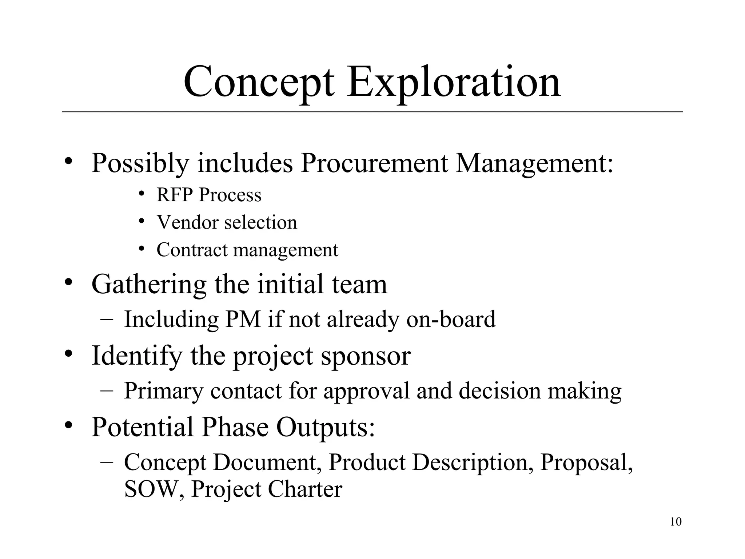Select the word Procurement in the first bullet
(374, 163)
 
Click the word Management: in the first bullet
(534, 163)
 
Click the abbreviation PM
(243, 319)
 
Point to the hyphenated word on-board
(451, 319)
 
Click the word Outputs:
(326, 427)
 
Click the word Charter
(305, 489)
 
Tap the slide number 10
(676, 522)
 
